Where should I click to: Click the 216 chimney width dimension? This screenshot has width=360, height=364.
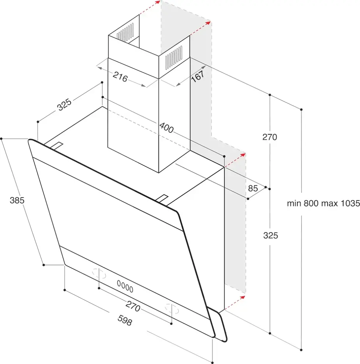pos(120,78)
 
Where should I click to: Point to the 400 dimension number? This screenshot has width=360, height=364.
pos(166,128)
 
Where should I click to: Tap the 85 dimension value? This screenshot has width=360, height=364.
pos(253,188)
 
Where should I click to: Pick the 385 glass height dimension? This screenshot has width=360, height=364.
pos(17,201)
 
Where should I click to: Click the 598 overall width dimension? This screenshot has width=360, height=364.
pos(124,321)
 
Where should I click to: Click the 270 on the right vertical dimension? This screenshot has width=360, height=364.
pos(269,137)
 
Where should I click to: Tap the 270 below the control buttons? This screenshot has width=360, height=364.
pos(133,306)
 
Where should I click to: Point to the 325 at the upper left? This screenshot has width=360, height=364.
pos(64,106)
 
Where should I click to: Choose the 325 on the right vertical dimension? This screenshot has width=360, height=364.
pos(271,236)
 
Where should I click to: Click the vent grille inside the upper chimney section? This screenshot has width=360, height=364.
pos(126,32)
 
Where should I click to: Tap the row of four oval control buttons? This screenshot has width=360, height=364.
pos(125,286)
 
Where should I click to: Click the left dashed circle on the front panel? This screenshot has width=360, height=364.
pos(99,274)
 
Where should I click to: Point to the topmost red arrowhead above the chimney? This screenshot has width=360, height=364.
pos(157,3)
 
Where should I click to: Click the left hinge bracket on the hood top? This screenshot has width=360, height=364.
pos(56,146)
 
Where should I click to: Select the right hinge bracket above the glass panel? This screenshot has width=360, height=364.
pos(162,199)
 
